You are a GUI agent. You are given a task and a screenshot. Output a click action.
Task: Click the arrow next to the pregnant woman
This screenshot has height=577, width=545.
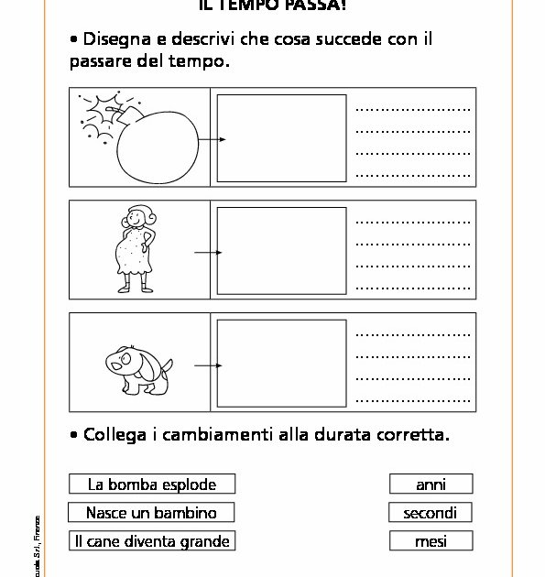(210, 252)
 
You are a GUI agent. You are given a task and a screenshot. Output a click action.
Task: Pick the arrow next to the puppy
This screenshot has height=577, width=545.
(210, 365)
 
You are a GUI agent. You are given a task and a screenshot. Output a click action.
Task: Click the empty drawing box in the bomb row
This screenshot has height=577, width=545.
(281, 137)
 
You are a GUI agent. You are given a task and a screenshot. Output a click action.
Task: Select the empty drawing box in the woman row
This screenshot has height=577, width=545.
(281, 250)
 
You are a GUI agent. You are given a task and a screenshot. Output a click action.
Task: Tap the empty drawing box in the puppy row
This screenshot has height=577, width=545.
(281, 363)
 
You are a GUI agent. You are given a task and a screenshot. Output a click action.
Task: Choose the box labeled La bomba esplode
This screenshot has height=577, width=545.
(150, 484)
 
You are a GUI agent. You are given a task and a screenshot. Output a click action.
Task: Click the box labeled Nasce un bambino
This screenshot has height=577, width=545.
(150, 512)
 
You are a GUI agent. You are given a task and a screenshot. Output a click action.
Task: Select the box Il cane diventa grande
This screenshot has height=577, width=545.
(150, 540)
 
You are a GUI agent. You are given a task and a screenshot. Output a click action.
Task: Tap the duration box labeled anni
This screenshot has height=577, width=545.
(431, 484)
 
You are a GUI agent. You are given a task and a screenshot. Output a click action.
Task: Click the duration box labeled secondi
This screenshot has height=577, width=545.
(431, 512)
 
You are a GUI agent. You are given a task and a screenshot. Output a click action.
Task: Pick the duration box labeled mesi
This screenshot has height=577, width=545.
(431, 540)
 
